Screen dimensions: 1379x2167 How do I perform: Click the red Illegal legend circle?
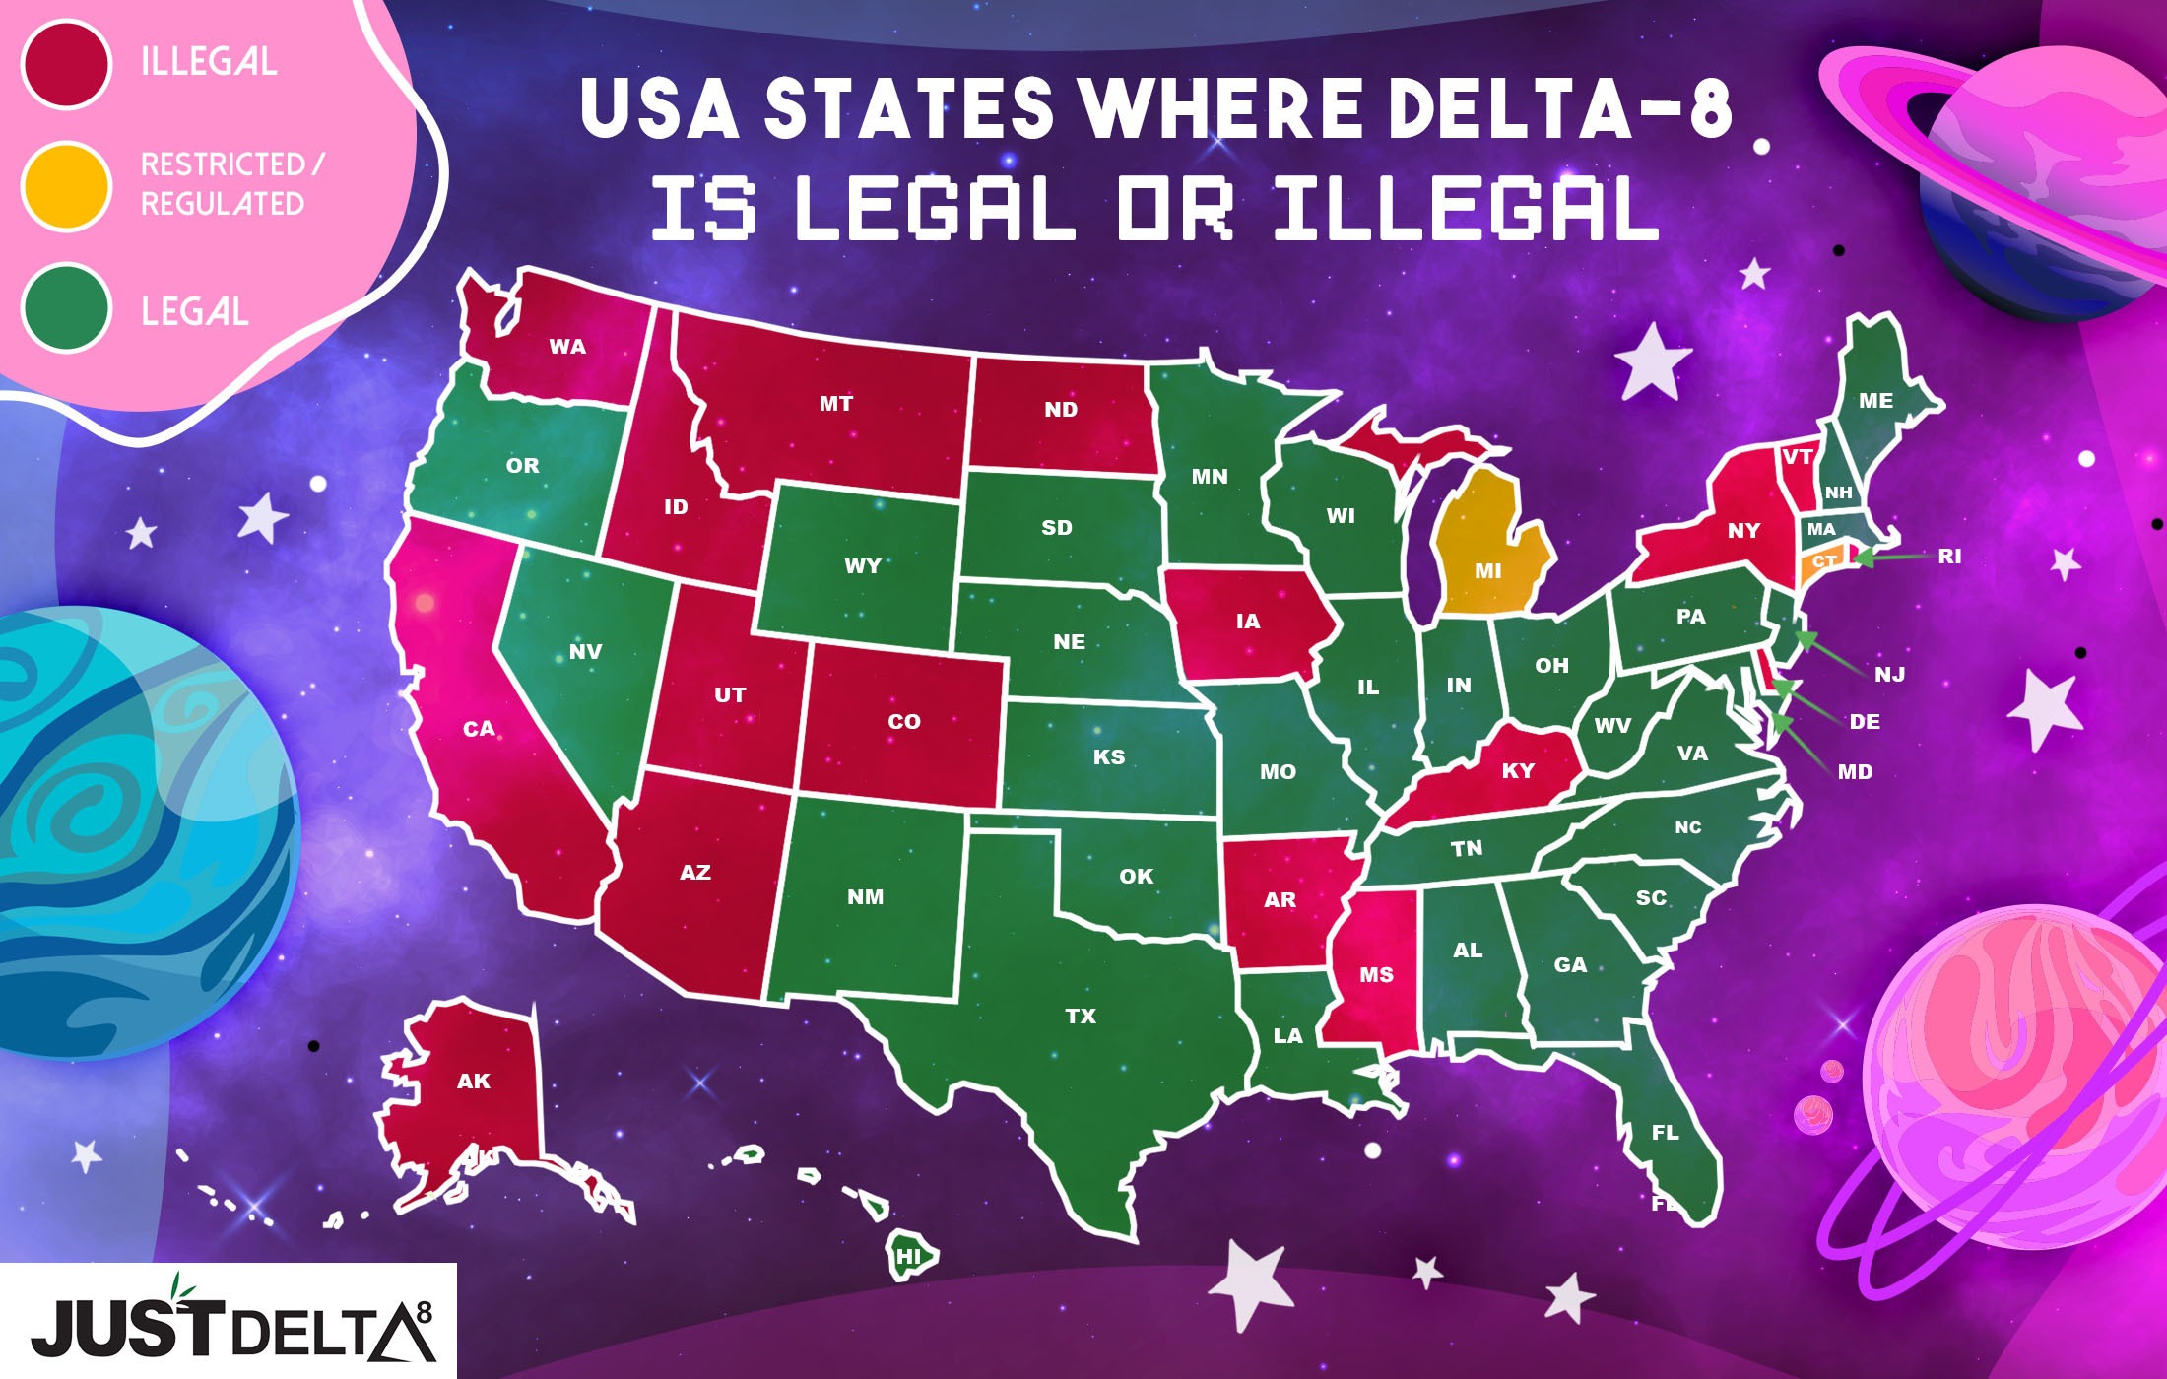pyautogui.click(x=65, y=64)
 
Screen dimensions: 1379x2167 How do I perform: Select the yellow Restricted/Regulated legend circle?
pyautogui.click(x=65, y=186)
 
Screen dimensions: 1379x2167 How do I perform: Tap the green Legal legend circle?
pyautogui.click(x=65, y=309)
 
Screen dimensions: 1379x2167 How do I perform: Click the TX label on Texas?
pyautogui.click(x=1081, y=1016)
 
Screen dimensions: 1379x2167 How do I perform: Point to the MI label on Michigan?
pyautogui.click(x=1488, y=570)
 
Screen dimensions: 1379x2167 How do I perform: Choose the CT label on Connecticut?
pyautogui.click(x=1823, y=561)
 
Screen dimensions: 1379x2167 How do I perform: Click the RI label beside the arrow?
pyautogui.click(x=1949, y=556)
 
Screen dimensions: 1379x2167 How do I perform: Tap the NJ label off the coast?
pyautogui.click(x=1889, y=675)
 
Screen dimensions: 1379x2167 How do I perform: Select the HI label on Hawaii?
pyautogui.click(x=908, y=1257)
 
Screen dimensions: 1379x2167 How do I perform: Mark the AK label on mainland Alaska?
pyautogui.click(x=474, y=1081)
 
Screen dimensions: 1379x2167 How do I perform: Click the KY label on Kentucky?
pyautogui.click(x=1518, y=770)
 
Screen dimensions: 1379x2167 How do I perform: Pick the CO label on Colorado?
pyautogui.click(x=904, y=721)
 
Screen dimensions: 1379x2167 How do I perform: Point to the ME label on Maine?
pyautogui.click(x=1875, y=401)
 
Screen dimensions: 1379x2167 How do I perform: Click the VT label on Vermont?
pyautogui.click(x=1798, y=456)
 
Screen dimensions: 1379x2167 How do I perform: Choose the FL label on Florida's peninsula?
pyautogui.click(x=1666, y=1133)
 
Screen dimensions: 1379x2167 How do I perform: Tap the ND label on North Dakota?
pyautogui.click(x=1061, y=410)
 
